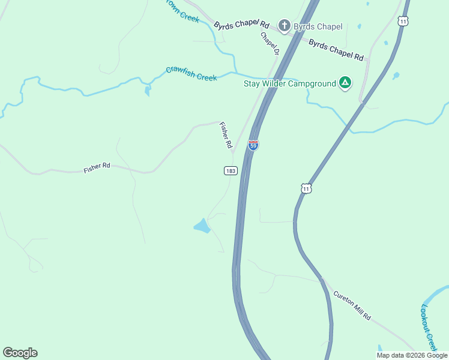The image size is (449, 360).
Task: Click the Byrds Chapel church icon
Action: (284, 26)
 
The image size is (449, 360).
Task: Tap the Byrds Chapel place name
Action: (318, 26)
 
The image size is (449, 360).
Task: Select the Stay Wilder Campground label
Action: (289, 83)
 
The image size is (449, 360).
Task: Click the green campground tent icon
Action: (345, 83)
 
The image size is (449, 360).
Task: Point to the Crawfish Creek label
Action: (191, 74)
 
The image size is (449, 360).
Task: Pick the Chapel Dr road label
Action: (270, 43)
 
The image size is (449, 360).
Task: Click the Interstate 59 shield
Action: (253, 146)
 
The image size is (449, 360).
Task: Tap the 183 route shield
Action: (231, 171)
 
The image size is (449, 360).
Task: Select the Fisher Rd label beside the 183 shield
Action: (225, 136)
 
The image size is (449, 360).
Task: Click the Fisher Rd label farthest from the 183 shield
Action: (97, 167)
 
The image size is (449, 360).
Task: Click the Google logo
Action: (20, 353)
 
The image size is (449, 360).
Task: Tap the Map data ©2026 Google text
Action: (412, 355)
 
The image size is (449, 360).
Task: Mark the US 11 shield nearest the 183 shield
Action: (307, 188)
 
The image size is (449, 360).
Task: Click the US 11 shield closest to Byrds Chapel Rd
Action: (403, 21)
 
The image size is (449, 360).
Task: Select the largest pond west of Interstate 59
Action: (202, 226)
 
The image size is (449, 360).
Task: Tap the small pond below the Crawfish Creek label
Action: (148, 91)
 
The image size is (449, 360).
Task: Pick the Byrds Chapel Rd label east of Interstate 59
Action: (336, 50)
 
